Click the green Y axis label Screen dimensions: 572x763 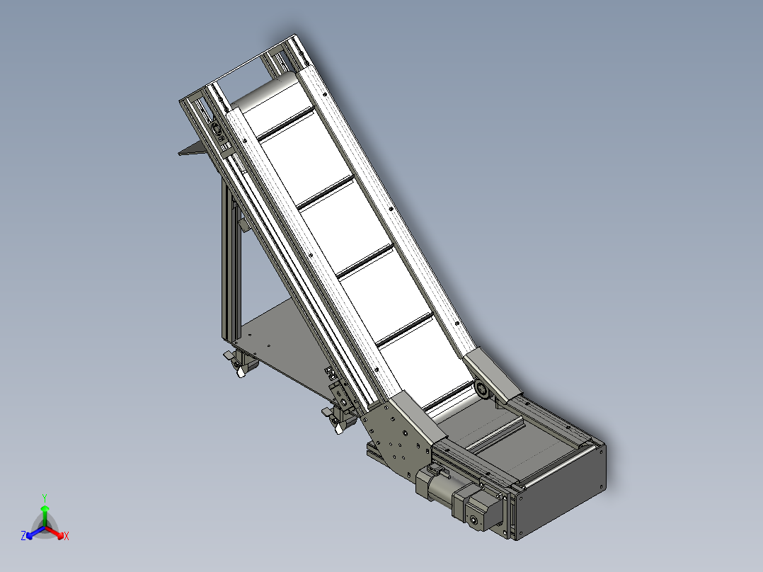[44, 497]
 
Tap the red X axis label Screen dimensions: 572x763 [66, 537]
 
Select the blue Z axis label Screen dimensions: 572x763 [23, 537]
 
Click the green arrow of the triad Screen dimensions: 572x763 [45, 513]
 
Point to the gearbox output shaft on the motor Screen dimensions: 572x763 [474, 522]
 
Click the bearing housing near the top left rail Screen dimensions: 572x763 [217, 130]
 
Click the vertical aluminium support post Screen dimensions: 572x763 [232, 269]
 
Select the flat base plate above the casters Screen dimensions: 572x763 [283, 340]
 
